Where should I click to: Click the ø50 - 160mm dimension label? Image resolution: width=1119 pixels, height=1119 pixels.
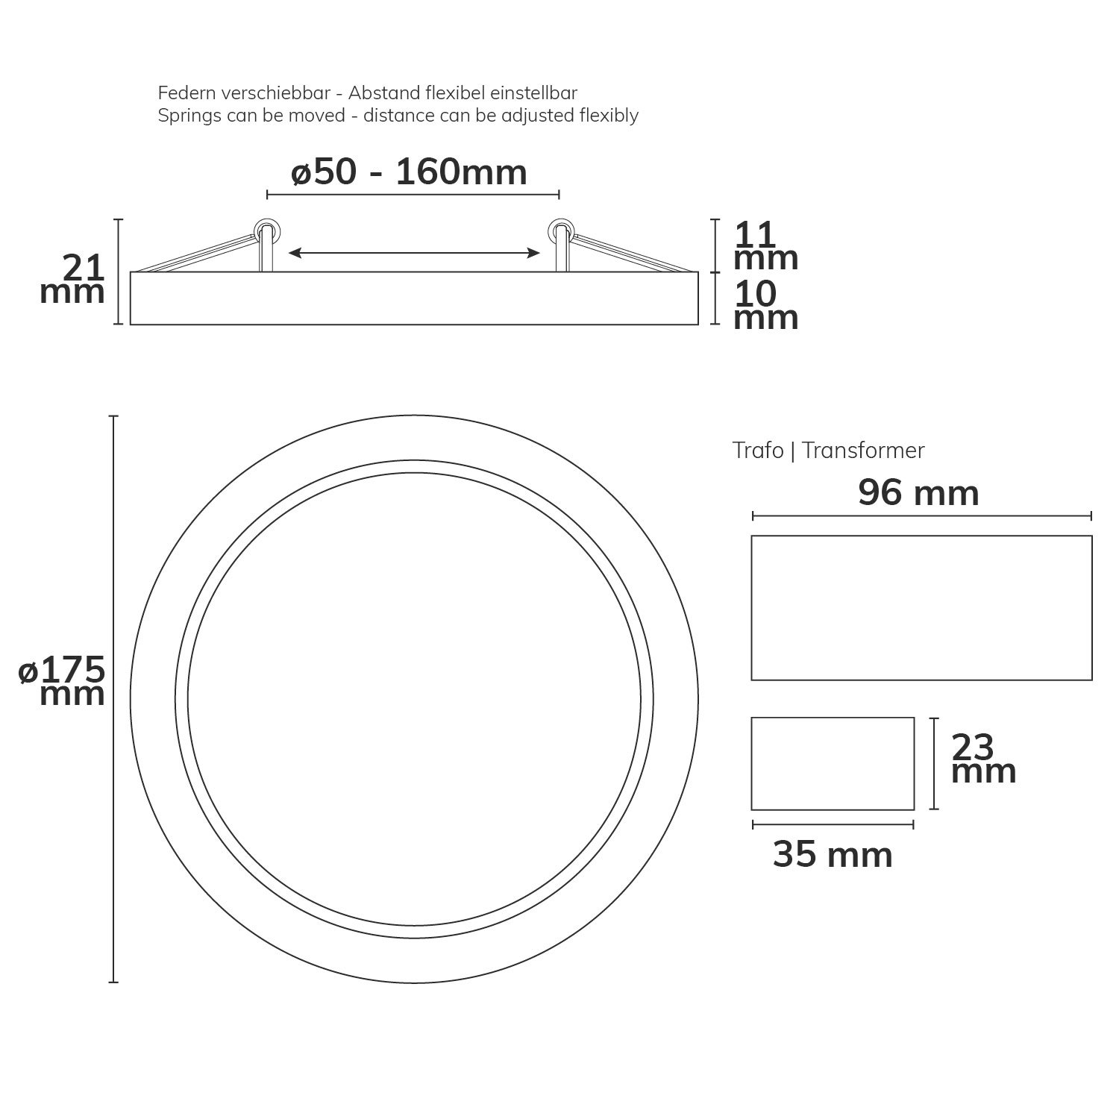click(409, 172)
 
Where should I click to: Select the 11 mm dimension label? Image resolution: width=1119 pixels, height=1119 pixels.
click(766, 247)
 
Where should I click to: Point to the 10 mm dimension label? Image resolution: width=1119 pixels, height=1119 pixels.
click(766, 306)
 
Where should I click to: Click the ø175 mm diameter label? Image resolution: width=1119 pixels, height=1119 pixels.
click(62, 682)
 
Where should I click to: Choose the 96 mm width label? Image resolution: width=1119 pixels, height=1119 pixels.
click(918, 493)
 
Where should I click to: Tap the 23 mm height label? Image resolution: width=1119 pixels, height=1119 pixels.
click(984, 759)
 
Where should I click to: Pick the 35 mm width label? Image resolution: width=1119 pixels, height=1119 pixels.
click(833, 855)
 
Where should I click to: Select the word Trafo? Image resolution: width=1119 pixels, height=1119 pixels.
click(758, 451)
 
